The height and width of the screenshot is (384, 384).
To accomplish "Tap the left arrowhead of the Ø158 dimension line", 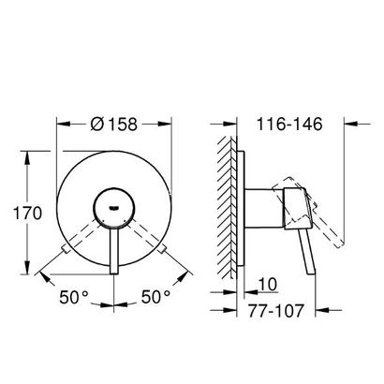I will point(62,123).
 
